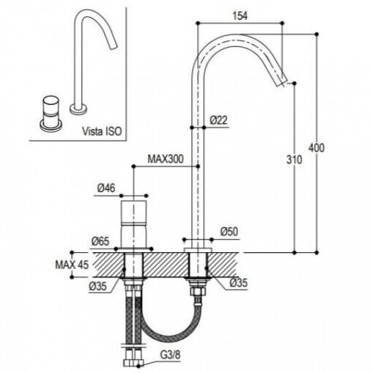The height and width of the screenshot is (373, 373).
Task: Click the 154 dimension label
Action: [x=240, y=15]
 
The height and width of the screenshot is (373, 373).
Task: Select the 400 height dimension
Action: [x=317, y=148]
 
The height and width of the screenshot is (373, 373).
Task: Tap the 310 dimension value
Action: [x=294, y=160]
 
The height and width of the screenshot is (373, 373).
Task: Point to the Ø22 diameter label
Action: [x=218, y=120]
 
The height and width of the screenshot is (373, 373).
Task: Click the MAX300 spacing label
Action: [x=166, y=159]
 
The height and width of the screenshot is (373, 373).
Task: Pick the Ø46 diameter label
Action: [x=106, y=188]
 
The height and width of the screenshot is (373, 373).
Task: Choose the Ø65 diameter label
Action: [x=100, y=242]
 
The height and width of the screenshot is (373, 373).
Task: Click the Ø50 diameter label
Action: [x=229, y=232]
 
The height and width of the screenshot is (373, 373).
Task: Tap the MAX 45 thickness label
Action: [x=72, y=265]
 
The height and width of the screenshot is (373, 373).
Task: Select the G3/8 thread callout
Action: [x=170, y=355]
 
